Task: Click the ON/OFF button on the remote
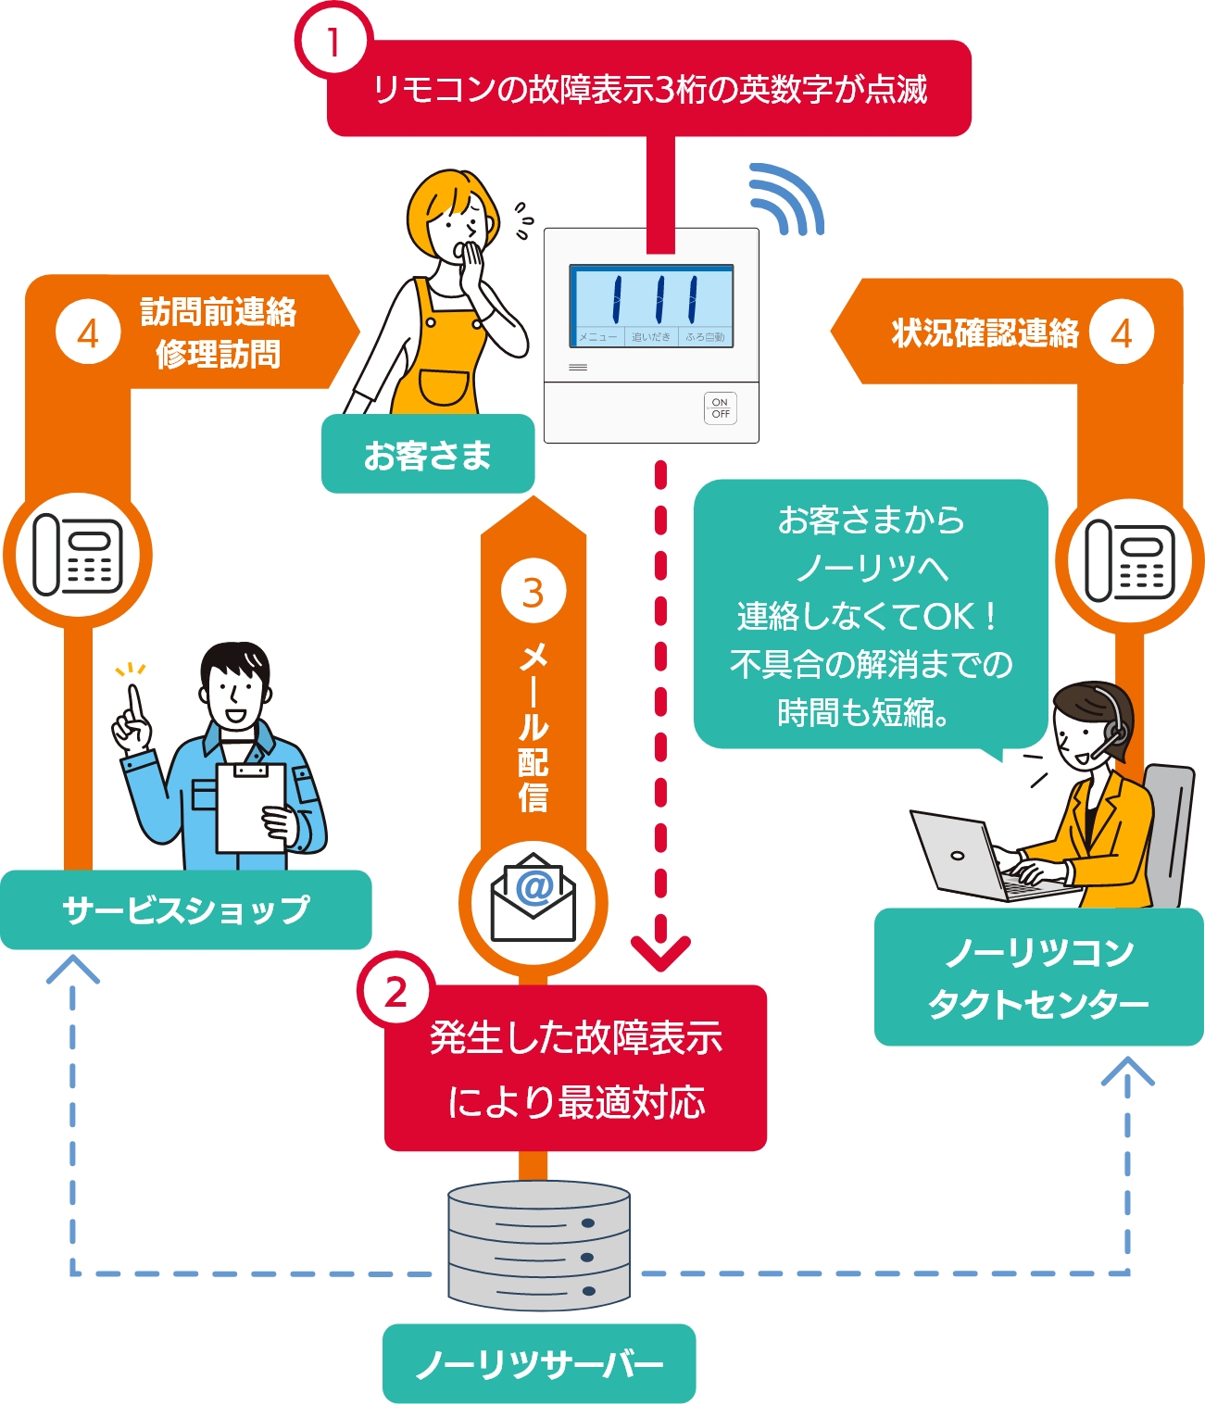[720, 408]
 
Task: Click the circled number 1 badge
[333, 42]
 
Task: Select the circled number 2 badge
[395, 992]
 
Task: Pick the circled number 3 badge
[533, 593]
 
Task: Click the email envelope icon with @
[533, 897]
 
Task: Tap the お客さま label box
[427, 455]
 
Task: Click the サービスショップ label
[185, 909]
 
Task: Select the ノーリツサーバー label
[538, 1363]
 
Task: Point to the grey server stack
[538, 1246]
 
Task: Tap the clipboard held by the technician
[250, 807]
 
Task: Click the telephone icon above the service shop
[78, 555]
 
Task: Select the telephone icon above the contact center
[1130, 559]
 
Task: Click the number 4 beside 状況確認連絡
[1122, 332]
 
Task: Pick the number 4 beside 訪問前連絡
[88, 332]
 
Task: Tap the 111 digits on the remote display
[651, 296]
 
